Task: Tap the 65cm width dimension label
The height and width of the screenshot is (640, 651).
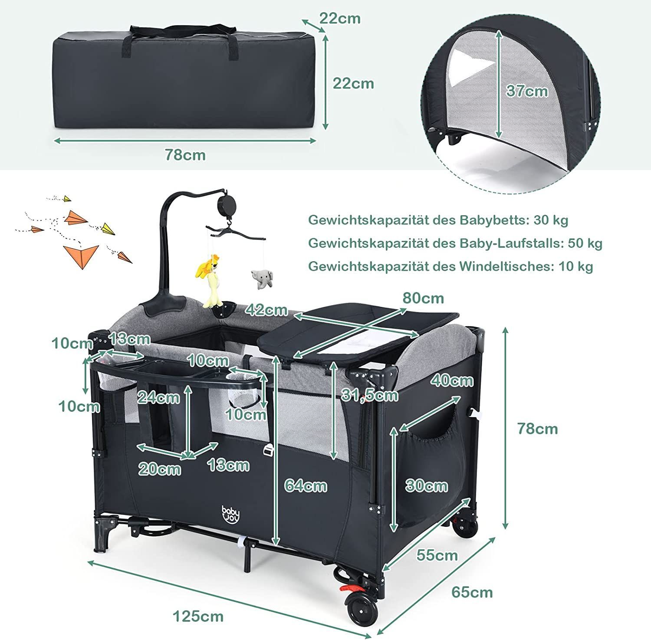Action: tap(472, 592)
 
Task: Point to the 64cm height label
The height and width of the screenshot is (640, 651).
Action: tap(306, 486)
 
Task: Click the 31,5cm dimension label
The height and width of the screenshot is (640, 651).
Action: tap(370, 395)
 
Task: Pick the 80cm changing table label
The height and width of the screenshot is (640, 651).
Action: tap(423, 298)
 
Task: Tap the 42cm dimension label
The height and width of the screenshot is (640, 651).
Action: tap(266, 309)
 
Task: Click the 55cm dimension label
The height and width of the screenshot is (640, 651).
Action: tap(437, 555)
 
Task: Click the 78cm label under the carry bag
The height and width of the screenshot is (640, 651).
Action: tap(185, 155)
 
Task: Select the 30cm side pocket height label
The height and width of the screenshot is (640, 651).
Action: tap(426, 485)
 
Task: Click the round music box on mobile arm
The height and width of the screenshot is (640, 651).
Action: tap(226, 203)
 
